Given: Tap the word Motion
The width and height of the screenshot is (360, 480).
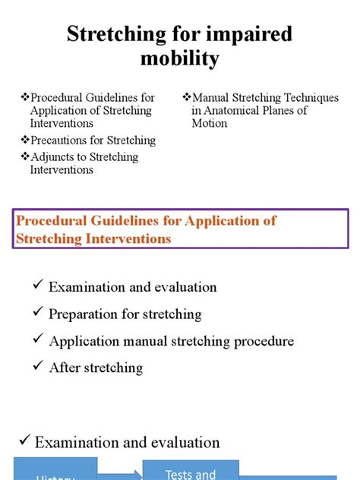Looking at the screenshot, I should click(210, 123).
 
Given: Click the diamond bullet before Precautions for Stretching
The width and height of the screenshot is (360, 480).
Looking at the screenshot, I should click(25, 141).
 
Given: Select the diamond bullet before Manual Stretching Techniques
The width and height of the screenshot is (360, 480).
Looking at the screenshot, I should click(187, 98).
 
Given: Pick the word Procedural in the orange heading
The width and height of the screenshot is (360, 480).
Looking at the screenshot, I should click(52, 222).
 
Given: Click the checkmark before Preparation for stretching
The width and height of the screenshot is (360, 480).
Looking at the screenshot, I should click(37, 313).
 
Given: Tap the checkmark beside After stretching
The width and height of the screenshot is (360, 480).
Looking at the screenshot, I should click(37, 367).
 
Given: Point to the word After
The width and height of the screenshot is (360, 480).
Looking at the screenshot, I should click(64, 368).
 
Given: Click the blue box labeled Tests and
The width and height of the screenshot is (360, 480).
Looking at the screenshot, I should click(190, 469).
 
